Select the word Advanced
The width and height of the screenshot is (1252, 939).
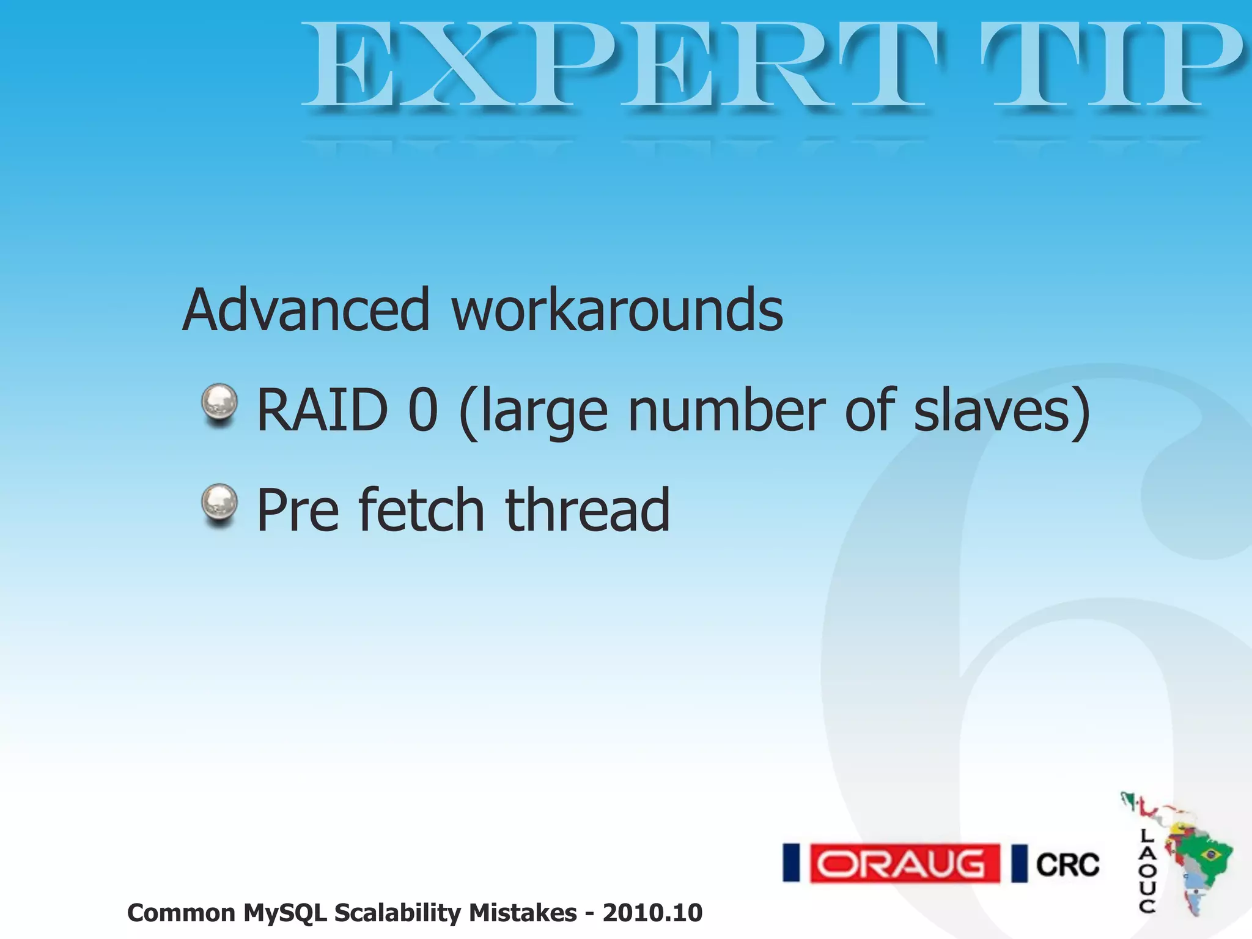click(x=306, y=311)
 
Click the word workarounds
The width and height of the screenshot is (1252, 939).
click(x=617, y=311)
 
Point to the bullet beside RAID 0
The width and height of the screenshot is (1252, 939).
click(x=219, y=403)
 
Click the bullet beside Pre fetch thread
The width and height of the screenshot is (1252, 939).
click(x=219, y=504)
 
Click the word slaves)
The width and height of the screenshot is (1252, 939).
click(x=1003, y=410)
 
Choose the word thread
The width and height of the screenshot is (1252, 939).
click(x=587, y=510)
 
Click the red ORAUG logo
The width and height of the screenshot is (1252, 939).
click(x=904, y=864)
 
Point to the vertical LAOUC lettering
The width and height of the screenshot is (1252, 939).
click(x=1147, y=871)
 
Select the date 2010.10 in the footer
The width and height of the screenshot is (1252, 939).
click(x=652, y=913)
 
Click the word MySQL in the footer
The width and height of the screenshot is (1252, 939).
click(x=285, y=913)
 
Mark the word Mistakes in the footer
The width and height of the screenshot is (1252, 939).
click(x=523, y=913)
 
